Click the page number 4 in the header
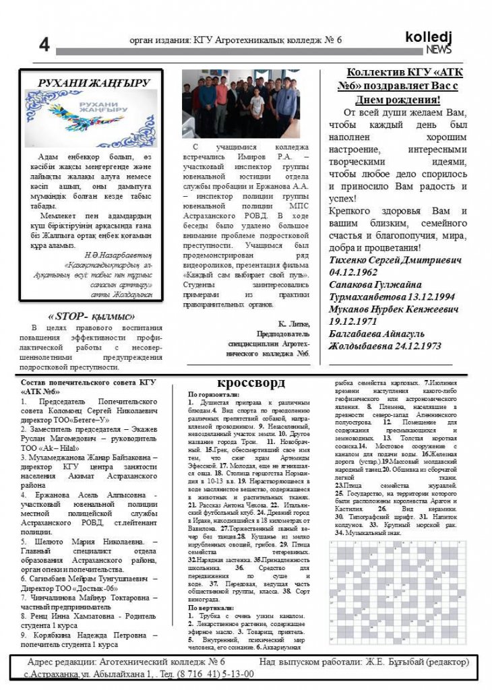coord(44,45)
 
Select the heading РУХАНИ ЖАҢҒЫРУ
coord(94,83)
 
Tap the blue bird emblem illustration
coord(90,119)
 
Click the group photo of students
coord(246,102)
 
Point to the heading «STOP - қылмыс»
coord(92,316)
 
